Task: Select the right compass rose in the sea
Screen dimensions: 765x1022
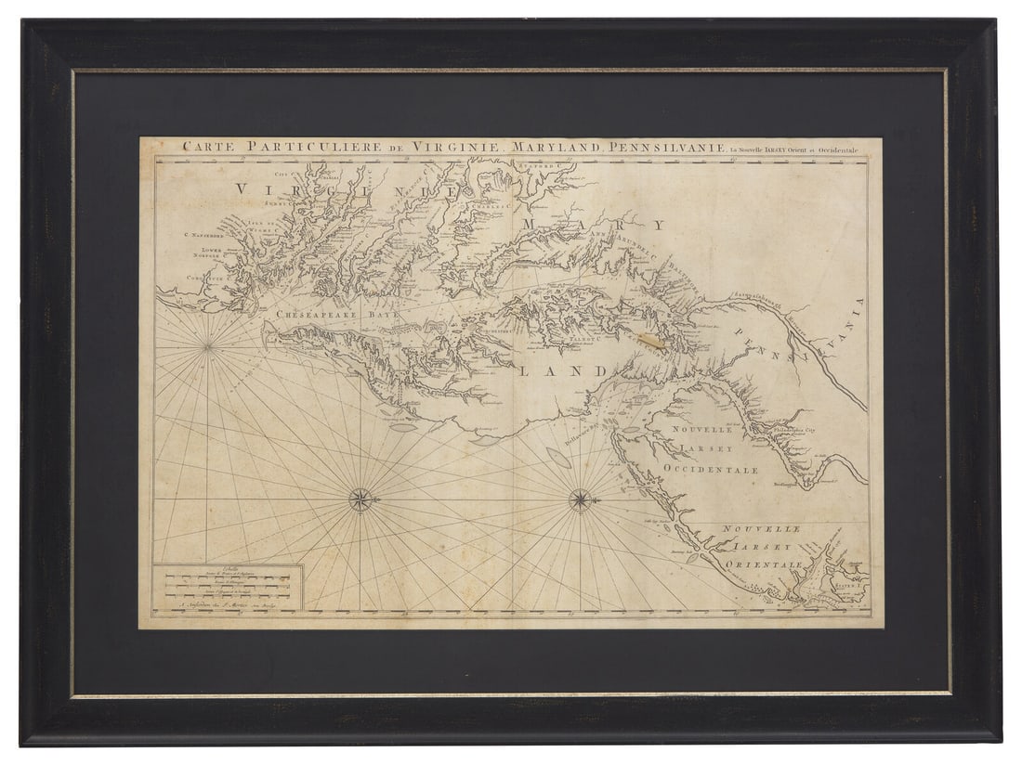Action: pos(580,500)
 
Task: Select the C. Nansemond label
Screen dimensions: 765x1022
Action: pos(201,235)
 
